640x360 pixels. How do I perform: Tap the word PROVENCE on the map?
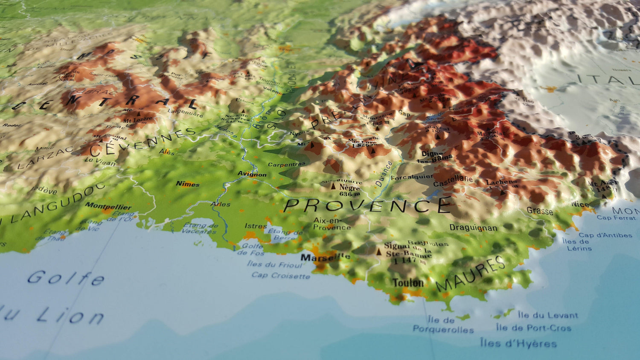(x=367, y=206)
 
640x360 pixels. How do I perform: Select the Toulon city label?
(x=408, y=283)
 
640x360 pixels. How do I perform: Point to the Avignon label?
(x=252, y=174)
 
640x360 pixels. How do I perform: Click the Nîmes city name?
(x=188, y=184)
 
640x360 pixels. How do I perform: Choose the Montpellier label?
(x=108, y=206)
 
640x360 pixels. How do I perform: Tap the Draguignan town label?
(x=473, y=228)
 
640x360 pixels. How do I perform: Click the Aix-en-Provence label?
(x=332, y=224)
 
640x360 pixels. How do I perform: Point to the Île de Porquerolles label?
(x=442, y=325)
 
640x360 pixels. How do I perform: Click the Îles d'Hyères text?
(x=518, y=343)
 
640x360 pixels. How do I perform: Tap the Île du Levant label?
(x=548, y=315)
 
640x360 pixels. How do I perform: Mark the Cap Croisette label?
(x=280, y=276)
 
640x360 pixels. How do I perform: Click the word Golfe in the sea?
(x=66, y=278)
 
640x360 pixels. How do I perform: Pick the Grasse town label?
(x=540, y=211)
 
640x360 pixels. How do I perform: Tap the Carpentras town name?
(x=287, y=164)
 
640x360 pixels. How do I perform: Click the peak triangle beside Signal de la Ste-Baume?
(x=378, y=252)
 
